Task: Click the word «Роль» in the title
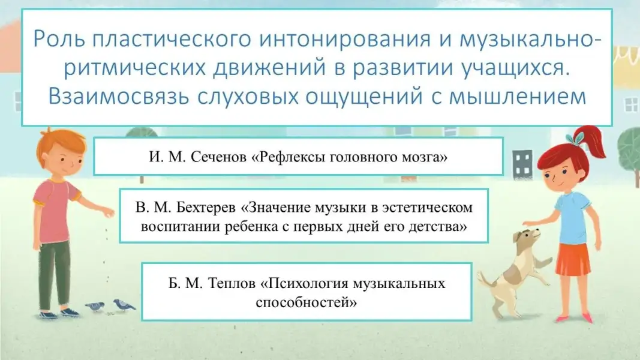[59, 39]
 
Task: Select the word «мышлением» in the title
[518, 97]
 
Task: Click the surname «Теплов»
[232, 283]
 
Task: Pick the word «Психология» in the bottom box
[304, 283]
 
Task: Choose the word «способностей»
[306, 302]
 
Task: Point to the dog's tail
[485, 278]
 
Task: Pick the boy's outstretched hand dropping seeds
[107, 212]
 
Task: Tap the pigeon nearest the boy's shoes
[95, 307]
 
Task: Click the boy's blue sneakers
[59, 313]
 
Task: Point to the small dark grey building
[522, 164]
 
